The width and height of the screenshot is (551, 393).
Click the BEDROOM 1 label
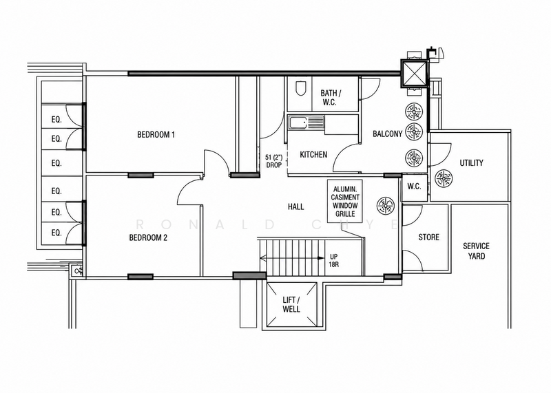click(156, 134)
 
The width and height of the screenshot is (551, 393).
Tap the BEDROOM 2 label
click(148, 237)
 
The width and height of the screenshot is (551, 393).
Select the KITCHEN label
click(313, 155)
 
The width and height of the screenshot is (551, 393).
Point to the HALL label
click(296, 206)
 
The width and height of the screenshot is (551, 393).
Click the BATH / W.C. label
click(331, 98)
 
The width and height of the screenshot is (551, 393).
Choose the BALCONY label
click(387, 134)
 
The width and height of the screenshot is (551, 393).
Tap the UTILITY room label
click(471, 163)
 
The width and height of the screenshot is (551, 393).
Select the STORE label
click(428, 237)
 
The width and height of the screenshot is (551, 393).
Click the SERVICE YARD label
click(476, 251)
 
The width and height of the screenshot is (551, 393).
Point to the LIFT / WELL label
click(291, 304)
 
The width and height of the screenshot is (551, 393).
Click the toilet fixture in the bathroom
click(300, 89)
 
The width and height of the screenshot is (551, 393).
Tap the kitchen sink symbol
click(306, 123)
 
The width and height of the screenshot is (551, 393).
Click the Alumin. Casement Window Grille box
click(345, 201)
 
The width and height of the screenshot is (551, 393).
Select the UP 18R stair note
click(334, 260)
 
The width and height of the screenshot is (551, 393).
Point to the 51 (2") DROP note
click(273, 161)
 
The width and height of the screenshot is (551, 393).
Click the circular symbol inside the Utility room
click(443, 178)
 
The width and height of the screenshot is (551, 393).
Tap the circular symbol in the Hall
click(386, 205)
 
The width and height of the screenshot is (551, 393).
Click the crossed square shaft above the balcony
click(415, 74)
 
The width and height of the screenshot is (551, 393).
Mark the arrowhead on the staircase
click(320, 258)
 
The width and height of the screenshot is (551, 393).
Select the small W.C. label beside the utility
click(415, 187)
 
